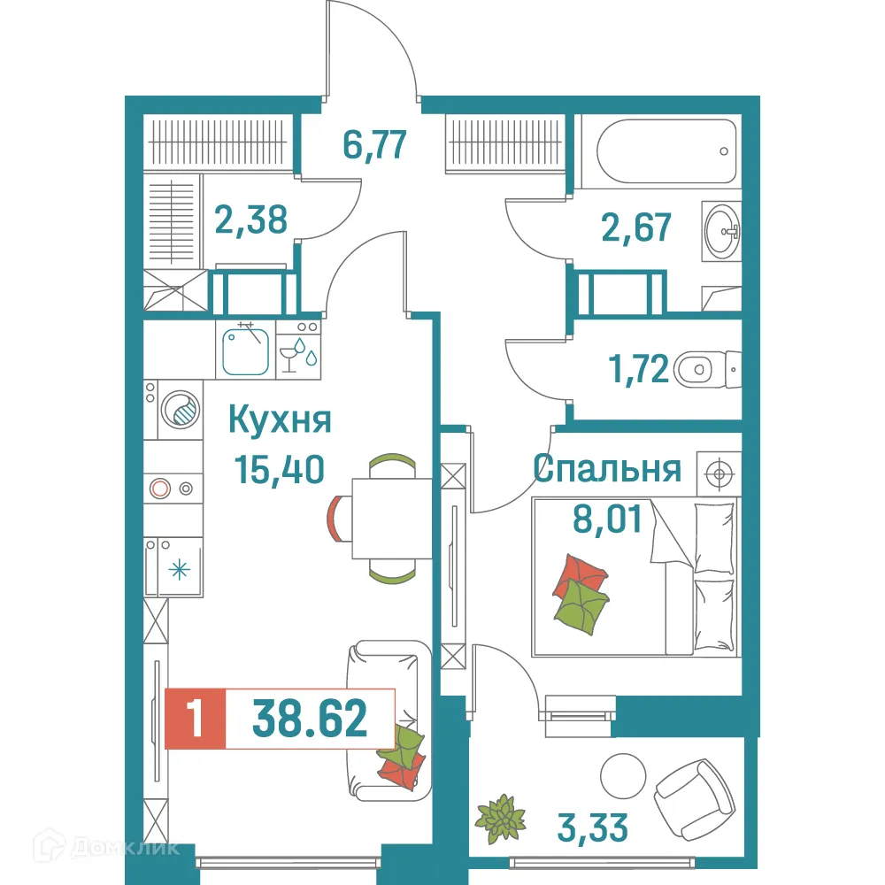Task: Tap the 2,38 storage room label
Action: [x=251, y=219]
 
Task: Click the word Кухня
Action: [x=280, y=419]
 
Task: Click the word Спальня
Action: [x=607, y=469]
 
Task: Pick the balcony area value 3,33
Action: [x=594, y=828]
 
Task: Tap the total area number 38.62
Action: [x=310, y=719]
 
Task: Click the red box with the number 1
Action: [x=195, y=719]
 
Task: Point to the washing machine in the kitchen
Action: [x=181, y=410]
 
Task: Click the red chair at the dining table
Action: [x=336, y=518]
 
